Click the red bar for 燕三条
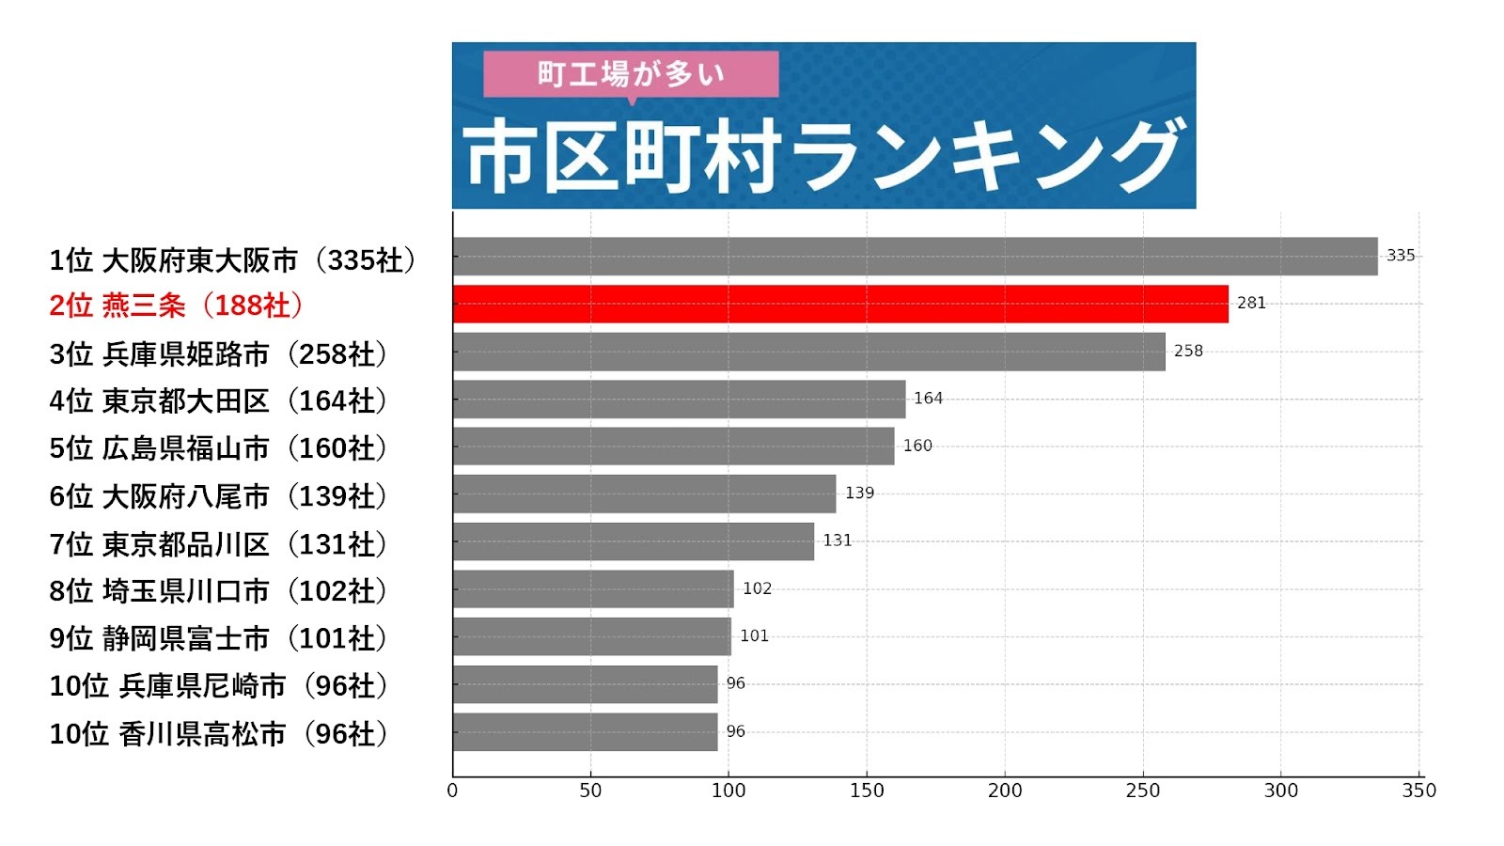(x=839, y=304)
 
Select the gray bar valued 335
(x=915, y=256)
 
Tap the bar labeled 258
(x=808, y=352)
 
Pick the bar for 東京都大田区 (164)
(x=679, y=399)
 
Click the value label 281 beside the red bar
(x=1251, y=303)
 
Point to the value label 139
(x=859, y=493)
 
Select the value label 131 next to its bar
(x=837, y=540)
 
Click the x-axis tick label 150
(x=867, y=791)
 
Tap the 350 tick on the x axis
(x=1418, y=791)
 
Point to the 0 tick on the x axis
(x=452, y=791)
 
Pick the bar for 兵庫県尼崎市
(x=585, y=684)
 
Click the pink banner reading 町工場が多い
(x=631, y=73)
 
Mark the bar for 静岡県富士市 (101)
(x=591, y=636)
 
